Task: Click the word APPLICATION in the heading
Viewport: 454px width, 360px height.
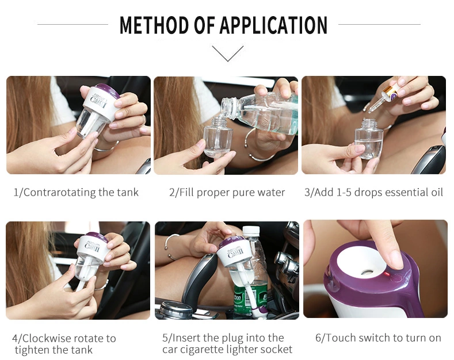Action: (x=274, y=25)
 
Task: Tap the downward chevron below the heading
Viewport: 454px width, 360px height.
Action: (x=228, y=53)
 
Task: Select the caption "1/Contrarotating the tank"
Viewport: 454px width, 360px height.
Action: (x=76, y=193)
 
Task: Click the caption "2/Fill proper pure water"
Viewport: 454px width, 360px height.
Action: (x=227, y=193)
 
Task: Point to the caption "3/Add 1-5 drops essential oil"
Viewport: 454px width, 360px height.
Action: (x=373, y=193)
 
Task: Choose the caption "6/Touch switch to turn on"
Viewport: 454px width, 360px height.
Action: (x=378, y=338)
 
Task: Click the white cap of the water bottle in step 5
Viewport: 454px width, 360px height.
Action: (x=251, y=231)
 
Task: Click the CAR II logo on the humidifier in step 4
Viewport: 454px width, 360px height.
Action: (x=92, y=247)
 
